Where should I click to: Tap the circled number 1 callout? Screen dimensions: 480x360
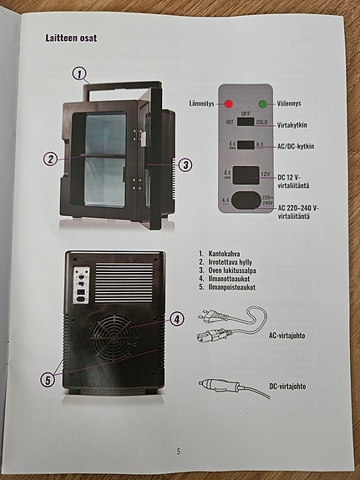[79, 73]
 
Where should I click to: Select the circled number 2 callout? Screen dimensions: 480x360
[51, 159]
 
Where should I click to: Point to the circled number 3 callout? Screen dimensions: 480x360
[185, 164]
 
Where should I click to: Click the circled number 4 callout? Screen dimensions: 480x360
[176, 318]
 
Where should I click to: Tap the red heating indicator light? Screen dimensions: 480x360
[227, 104]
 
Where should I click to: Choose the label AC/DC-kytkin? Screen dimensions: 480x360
[295, 147]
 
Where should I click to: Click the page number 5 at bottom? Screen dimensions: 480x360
[178, 452]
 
